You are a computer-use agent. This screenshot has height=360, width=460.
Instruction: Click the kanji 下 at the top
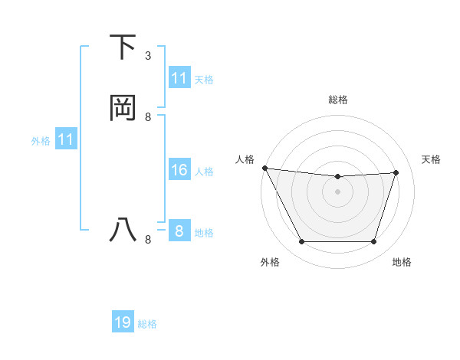(x=123, y=47)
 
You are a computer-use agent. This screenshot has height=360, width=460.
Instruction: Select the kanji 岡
(x=123, y=109)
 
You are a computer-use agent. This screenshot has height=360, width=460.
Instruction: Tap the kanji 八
(x=123, y=231)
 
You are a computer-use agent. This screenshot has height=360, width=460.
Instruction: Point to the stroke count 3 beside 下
(x=148, y=55)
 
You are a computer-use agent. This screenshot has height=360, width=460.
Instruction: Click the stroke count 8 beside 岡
(x=148, y=117)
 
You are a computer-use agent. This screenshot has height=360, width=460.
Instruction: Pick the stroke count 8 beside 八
(x=148, y=240)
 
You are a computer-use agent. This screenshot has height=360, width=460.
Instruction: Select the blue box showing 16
(x=179, y=170)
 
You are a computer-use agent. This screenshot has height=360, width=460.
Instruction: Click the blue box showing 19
(x=123, y=322)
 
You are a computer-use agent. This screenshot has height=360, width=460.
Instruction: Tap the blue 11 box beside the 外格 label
(x=65, y=139)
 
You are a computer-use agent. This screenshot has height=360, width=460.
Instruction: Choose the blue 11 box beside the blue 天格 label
(x=179, y=78)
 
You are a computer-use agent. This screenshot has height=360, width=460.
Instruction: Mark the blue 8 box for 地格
(x=179, y=231)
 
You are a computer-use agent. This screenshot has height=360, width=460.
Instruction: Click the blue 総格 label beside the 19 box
(x=147, y=324)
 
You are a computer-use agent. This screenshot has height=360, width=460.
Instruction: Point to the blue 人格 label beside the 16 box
(x=205, y=171)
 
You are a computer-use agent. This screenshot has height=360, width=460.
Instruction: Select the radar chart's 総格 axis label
(x=338, y=100)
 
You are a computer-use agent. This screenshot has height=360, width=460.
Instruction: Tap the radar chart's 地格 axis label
(x=402, y=262)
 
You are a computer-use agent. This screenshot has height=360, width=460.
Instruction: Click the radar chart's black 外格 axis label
(x=270, y=262)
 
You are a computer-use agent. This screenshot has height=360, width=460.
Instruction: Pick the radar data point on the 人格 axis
(x=264, y=168)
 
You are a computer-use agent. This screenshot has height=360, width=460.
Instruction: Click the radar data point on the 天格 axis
(x=396, y=172)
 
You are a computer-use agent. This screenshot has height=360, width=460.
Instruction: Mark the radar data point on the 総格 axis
(x=338, y=177)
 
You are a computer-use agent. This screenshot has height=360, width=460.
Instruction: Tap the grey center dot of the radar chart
(x=338, y=191)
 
